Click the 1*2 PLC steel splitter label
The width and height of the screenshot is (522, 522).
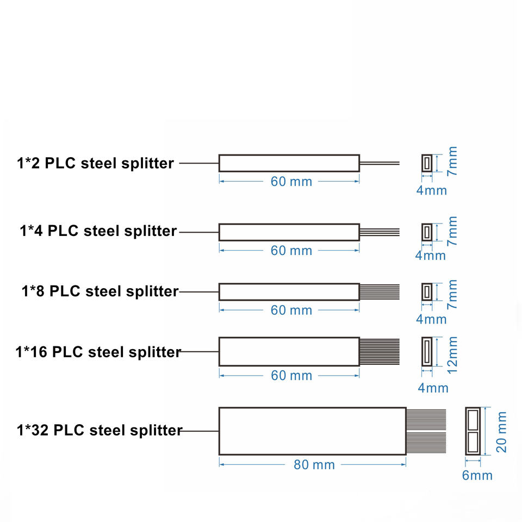[x=95, y=163]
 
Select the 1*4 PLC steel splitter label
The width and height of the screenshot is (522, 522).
[x=98, y=231]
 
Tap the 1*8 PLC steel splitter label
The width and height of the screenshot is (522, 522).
[x=100, y=291]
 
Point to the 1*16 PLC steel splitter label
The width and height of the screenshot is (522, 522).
[x=98, y=352]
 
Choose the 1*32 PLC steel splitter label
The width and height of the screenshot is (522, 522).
[x=99, y=431]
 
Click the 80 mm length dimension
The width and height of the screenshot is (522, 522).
[x=314, y=465]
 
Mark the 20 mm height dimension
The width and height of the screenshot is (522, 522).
[x=502, y=431]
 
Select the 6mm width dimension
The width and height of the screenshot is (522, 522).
[x=477, y=475]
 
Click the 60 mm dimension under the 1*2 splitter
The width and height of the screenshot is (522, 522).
[x=291, y=182]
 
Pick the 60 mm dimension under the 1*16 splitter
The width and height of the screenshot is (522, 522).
[x=291, y=376]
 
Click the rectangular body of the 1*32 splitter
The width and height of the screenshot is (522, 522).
[x=312, y=431]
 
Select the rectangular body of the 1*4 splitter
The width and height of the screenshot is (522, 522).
[x=289, y=232]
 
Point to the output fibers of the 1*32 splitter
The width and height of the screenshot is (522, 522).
[x=426, y=431]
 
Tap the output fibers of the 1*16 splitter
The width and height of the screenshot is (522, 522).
[x=380, y=352]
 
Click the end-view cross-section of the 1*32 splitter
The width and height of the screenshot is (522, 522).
[x=473, y=431]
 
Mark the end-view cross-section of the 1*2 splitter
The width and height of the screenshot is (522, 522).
[x=427, y=163]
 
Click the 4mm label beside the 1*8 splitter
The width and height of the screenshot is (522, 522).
[x=431, y=319]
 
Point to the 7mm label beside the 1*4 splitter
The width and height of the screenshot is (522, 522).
[x=452, y=231]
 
